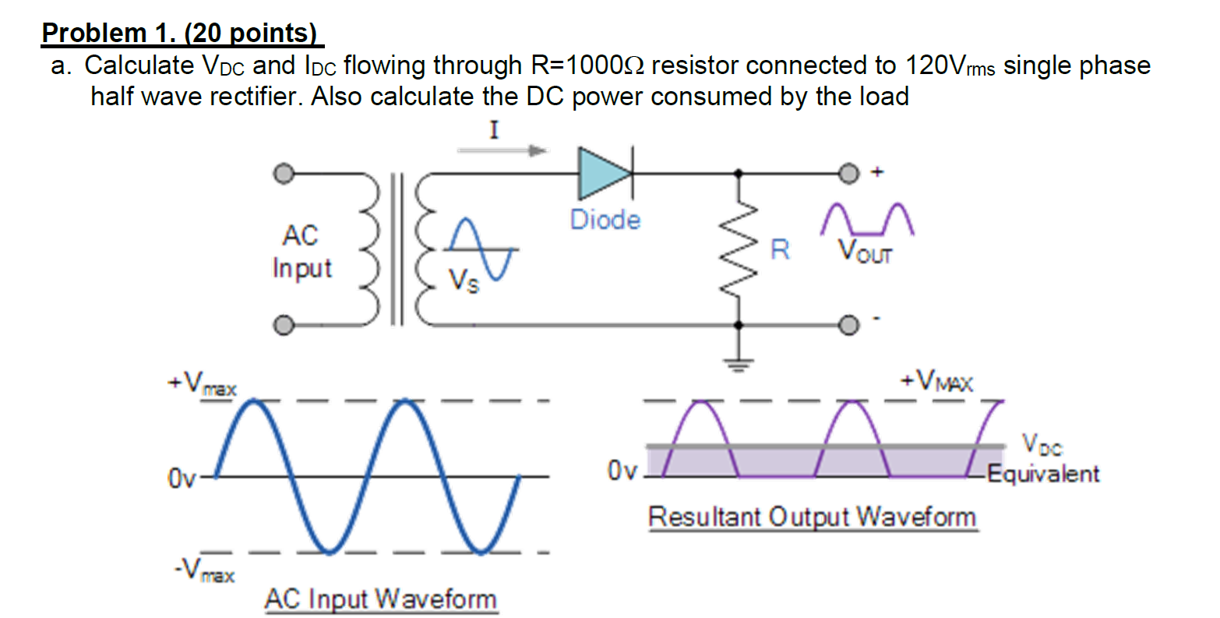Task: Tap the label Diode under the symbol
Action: click(605, 220)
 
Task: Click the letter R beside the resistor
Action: click(779, 250)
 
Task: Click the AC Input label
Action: click(301, 251)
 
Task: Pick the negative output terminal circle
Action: click(849, 323)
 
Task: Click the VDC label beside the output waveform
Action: click(1042, 447)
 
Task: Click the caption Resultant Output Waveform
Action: click(812, 517)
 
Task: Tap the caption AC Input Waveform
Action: click(380, 599)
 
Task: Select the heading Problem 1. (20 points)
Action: click(180, 33)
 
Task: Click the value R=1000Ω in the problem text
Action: click(587, 65)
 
